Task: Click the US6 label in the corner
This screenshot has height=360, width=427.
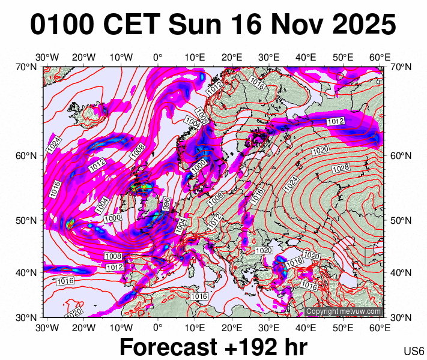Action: [x=414, y=351]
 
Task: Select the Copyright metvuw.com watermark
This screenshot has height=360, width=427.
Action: [x=344, y=311]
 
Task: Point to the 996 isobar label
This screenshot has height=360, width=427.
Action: [x=166, y=203]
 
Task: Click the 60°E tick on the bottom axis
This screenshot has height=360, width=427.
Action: [x=380, y=327]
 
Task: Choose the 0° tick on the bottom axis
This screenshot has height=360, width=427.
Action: [x=157, y=327]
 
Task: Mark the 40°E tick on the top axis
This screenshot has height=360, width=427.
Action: [x=306, y=57]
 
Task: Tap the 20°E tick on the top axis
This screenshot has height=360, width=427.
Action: [x=232, y=57]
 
